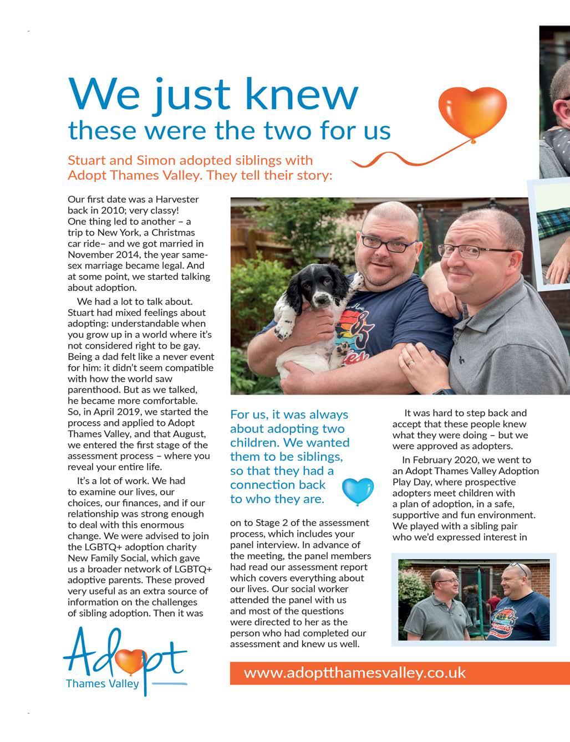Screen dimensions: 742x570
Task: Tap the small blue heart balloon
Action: tap(354, 490)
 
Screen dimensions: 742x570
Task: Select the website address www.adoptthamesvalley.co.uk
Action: tap(354, 673)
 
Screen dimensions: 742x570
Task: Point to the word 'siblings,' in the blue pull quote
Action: tap(314, 457)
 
